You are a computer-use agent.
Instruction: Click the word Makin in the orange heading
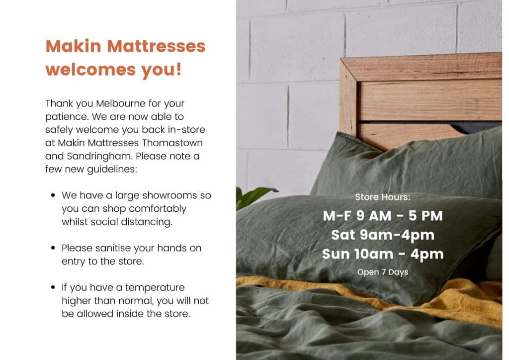click(x=74, y=46)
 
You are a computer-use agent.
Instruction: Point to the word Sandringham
click(x=99, y=156)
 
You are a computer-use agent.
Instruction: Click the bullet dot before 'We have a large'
click(x=53, y=195)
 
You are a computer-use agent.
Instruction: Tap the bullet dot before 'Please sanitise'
click(x=53, y=248)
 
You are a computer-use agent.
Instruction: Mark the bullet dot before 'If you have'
click(x=53, y=287)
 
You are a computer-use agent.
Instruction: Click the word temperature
click(x=155, y=287)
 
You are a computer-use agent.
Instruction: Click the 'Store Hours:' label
click(x=383, y=197)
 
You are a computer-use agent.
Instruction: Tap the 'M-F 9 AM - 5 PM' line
click(x=383, y=216)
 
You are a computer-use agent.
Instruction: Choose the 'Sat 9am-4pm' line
click(x=383, y=235)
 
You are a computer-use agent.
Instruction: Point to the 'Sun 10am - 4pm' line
click(x=383, y=254)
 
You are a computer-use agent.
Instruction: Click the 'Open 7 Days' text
click(x=383, y=272)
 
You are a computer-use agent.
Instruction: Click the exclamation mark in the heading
click(x=178, y=69)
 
